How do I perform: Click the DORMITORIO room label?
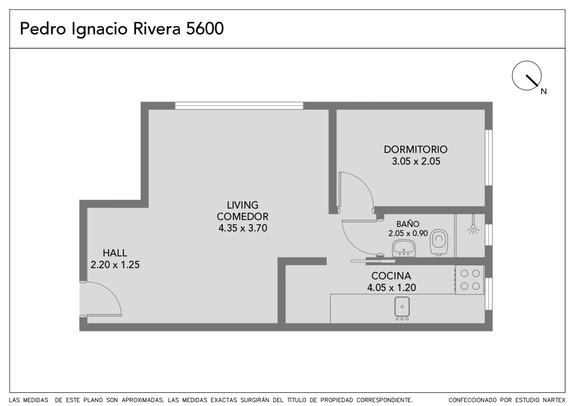pyautogui.click(x=415, y=149)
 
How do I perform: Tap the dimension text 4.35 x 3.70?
pyautogui.click(x=243, y=228)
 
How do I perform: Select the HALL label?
pyautogui.click(x=115, y=253)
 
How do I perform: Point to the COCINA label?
pyautogui.click(x=391, y=276)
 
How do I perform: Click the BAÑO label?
pyautogui.click(x=408, y=224)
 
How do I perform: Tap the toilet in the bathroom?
pyautogui.click(x=439, y=242)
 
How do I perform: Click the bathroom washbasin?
pyautogui.click(x=404, y=248)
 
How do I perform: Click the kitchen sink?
pyautogui.click(x=402, y=308)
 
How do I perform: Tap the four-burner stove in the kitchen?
pyautogui.click(x=469, y=280)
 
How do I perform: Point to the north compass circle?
pyautogui.click(x=526, y=75)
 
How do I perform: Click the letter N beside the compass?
pyautogui.click(x=544, y=91)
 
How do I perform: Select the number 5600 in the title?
pyautogui.click(x=204, y=28)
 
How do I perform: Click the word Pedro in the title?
pyautogui.click(x=43, y=28)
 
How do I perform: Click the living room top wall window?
pyautogui.click(x=239, y=106)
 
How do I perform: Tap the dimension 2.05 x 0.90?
pyautogui.click(x=408, y=233)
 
